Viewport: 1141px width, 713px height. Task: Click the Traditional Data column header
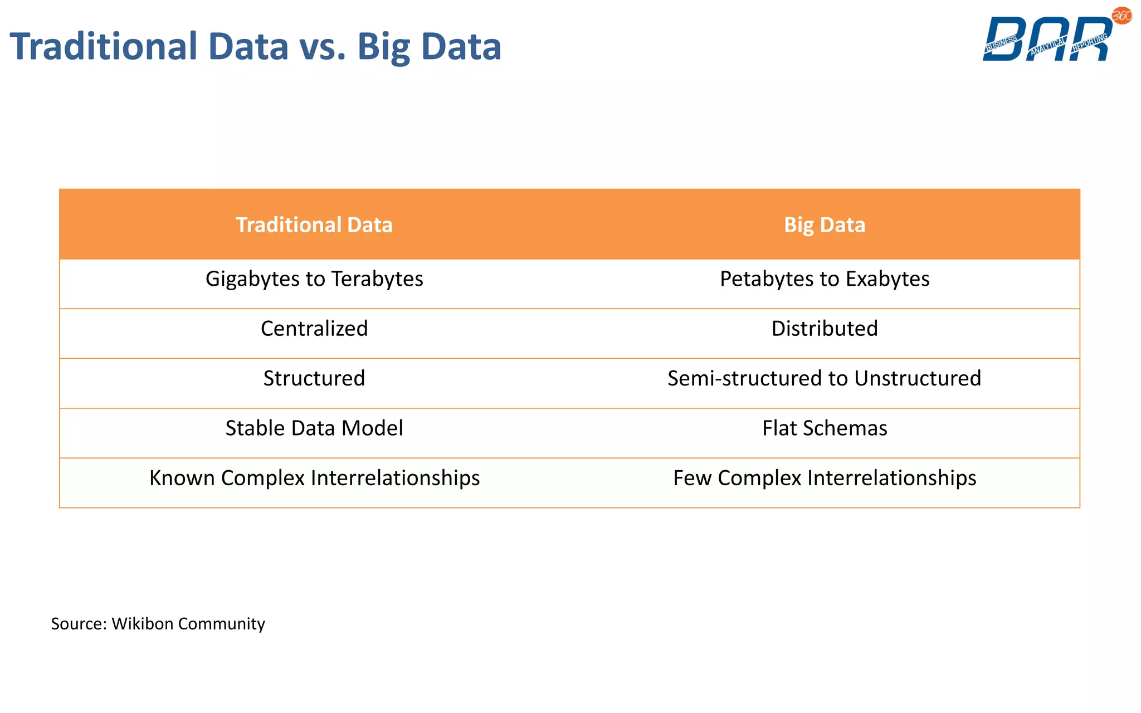point(314,225)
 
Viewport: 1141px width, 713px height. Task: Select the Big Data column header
point(825,225)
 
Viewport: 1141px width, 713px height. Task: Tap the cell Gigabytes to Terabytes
point(314,279)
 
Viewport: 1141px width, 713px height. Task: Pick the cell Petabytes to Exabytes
point(825,279)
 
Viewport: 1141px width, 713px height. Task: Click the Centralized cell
point(314,329)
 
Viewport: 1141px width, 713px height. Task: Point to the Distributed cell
point(825,329)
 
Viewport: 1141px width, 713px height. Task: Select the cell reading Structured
point(314,378)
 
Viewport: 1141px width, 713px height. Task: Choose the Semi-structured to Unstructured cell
point(825,378)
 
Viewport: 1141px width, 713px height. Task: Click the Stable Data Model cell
point(314,428)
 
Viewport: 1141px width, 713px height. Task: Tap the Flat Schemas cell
point(825,428)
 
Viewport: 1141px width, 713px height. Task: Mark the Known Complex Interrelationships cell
point(314,478)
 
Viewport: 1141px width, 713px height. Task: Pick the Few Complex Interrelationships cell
point(825,478)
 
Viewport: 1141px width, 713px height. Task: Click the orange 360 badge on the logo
point(1122,16)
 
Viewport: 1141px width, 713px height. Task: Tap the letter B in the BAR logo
point(1006,39)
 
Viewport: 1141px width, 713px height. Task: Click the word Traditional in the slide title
point(104,47)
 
